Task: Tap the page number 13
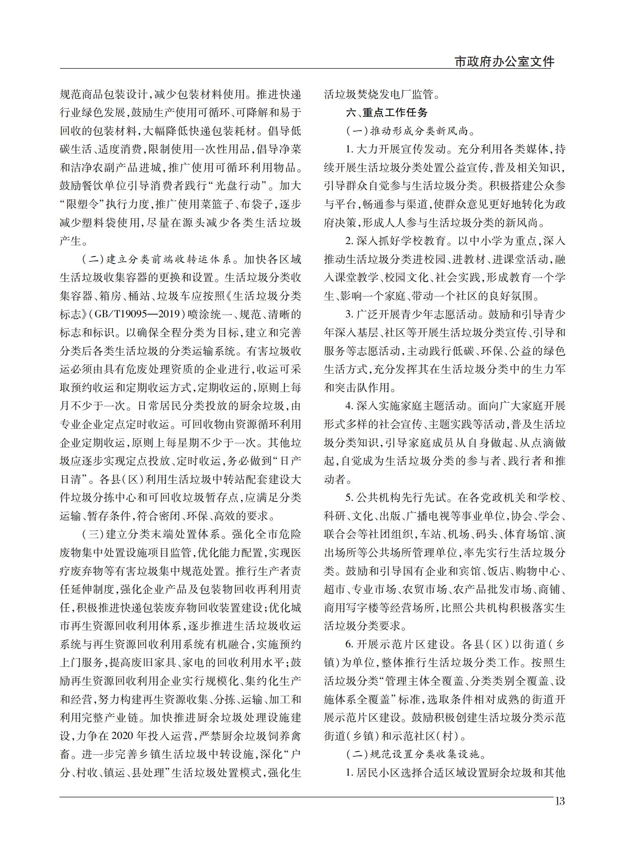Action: (x=559, y=801)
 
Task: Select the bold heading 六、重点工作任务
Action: (x=387, y=113)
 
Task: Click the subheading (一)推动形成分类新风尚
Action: (x=410, y=131)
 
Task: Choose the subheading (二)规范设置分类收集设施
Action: (x=415, y=754)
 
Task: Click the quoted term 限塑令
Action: (x=85, y=204)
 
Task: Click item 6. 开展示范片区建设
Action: (x=398, y=644)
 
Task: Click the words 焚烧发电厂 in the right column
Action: (x=385, y=94)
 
